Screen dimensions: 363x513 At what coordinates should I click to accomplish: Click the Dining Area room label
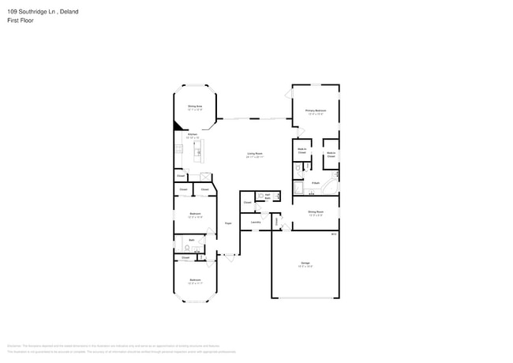pyautogui.click(x=194, y=107)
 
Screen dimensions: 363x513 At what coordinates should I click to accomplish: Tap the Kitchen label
pyautogui.click(x=191, y=135)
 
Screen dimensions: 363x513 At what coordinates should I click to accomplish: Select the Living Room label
pyautogui.click(x=255, y=155)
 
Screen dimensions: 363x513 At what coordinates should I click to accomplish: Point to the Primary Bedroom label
pyautogui.click(x=315, y=111)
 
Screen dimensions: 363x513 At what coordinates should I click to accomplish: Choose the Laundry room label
pyautogui.click(x=256, y=223)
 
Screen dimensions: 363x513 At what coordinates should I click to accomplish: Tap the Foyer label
pyautogui.click(x=227, y=223)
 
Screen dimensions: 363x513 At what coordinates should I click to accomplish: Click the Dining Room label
pyautogui.click(x=315, y=211)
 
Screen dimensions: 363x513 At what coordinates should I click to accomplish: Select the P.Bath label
pyautogui.click(x=315, y=183)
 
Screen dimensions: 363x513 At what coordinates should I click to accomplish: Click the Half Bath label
pyautogui.click(x=268, y=195)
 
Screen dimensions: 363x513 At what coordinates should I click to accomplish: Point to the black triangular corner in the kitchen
pyautogui.click(x=178, y=125)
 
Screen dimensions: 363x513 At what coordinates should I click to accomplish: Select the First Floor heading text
pyautogui.click(x=21, y=21)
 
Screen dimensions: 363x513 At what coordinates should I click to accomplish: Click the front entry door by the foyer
pyautogui.click(x=229, y=255)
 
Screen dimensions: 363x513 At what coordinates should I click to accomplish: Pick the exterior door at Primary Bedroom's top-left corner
pyautogui.click(x=287, y=92)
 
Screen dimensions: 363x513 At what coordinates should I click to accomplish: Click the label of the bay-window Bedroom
pyautogui.click(x=194, y=280)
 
